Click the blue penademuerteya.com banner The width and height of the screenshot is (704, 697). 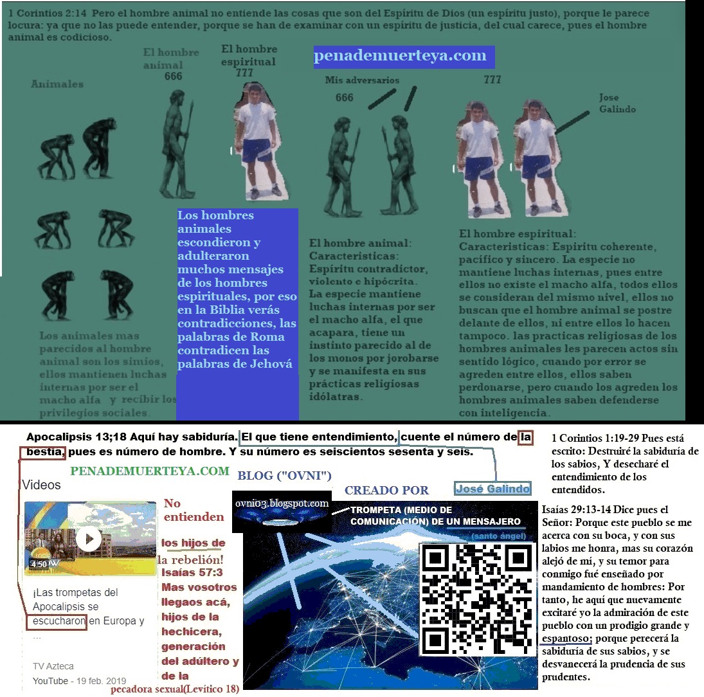click(x=403, y=57)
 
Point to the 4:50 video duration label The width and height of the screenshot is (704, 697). click(x=39, y=565)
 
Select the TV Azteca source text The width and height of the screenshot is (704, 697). click(x=53, y=666)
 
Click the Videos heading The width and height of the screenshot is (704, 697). click(x=42, y=485)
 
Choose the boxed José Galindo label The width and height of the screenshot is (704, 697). click(x=492, y=489)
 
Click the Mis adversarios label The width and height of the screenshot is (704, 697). click(x=362, y=80)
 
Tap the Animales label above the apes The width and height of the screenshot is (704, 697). click(x=57, y=84)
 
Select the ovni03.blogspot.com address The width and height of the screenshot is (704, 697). click(x=282, y=503)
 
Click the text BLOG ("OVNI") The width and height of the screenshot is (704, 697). click(x=284, y=476)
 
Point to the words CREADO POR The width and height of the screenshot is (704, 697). click(x=386, y=490)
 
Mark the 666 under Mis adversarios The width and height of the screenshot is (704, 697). click(x=345, y=97)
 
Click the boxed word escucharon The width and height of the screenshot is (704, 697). click(x=57, y=621)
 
